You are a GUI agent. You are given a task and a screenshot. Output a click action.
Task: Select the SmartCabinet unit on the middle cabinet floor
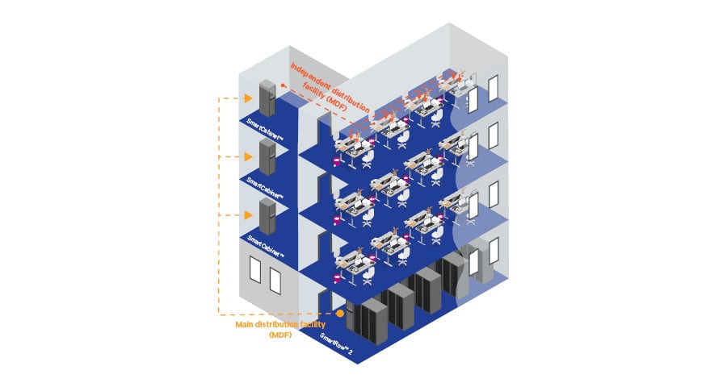(266, 156)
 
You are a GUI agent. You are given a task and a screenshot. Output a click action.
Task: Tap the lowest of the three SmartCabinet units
(266, 216)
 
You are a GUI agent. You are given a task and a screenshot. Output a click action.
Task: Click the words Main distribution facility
(279, 324)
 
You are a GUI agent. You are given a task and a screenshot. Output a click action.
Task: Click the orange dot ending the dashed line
(341, 314)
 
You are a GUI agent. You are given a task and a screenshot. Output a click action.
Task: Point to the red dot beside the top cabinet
(284, 84)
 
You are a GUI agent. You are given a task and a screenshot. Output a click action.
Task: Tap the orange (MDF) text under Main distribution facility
(279, 335)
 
